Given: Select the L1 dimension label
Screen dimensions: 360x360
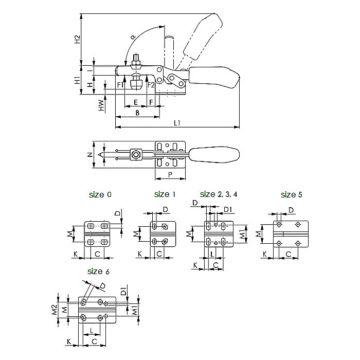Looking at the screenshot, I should pos(177,122).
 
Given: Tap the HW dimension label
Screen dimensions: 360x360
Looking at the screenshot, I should pos(102,106).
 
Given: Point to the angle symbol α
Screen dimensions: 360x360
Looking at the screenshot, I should pos(132,37).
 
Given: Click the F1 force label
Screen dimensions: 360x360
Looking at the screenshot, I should pos(120,84).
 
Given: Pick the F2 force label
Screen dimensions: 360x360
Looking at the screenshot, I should pos(151,84).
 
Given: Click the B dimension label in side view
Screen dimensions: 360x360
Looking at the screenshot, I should pos(137,112).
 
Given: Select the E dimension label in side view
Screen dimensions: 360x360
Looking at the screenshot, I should pos(135,102).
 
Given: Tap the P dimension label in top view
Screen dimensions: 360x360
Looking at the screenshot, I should pos(169,175).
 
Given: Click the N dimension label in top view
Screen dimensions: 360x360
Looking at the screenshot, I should pos(89,154).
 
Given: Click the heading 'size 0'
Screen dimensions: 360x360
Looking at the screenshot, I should pos(100,194).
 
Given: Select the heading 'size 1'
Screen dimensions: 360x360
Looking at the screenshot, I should pos(165,194).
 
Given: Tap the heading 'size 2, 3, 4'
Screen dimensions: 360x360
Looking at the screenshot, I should pos(219,194).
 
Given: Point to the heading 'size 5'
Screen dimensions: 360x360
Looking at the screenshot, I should pos(292,194).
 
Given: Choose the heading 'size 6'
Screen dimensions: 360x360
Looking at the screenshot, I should pos(98,271).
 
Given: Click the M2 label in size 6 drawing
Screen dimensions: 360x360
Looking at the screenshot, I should pos(53,310).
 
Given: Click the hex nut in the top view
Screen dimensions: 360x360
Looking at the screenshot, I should pos(136,154).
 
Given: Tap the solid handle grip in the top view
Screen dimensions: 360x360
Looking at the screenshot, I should pos(215,154).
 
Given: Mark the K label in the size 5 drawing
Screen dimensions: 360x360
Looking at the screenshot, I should pos(265,254).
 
